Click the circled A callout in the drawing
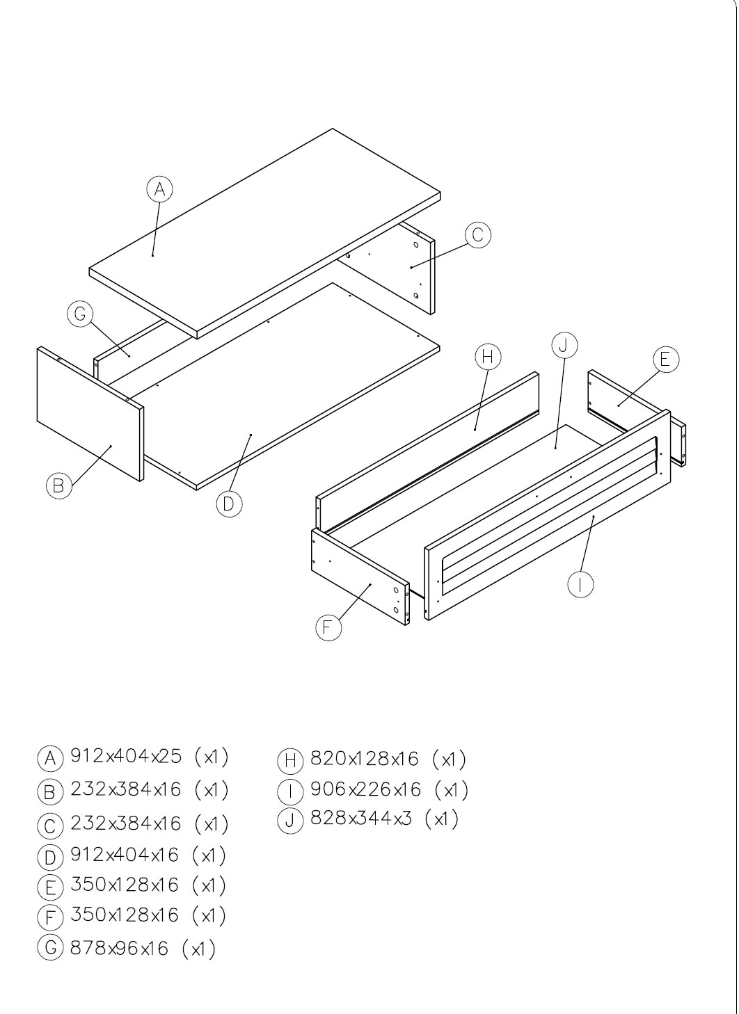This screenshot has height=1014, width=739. [x=160, y=189]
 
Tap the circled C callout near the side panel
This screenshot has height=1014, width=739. [x=478, y=235]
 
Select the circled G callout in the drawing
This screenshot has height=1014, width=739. [x=80, y=314]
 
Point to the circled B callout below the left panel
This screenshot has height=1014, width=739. [x=59, y=485]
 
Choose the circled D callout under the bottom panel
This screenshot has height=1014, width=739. [x=229, y=504]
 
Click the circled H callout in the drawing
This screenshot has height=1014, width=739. [x=488, y=357]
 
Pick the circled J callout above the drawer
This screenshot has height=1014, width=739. [x=564, y=346]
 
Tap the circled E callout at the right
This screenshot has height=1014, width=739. [x=666, y=360]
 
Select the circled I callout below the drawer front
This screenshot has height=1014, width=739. [x=580, y=585]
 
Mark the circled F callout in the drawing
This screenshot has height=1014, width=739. [x=328, y=627]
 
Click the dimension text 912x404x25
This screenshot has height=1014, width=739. [x=126, y=757]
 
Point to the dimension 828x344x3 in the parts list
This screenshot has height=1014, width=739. [x=361, y=818]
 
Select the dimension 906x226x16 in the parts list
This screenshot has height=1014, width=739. [x=365, y=789]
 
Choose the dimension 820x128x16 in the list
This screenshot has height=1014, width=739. [x=365, y=759]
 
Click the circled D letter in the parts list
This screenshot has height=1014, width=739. [x=50, y=858]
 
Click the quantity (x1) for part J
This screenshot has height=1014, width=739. [x=441, y=819]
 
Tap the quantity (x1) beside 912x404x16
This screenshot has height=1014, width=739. [x=209, y=855]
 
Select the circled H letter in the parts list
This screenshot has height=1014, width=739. [x=289, y=761]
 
